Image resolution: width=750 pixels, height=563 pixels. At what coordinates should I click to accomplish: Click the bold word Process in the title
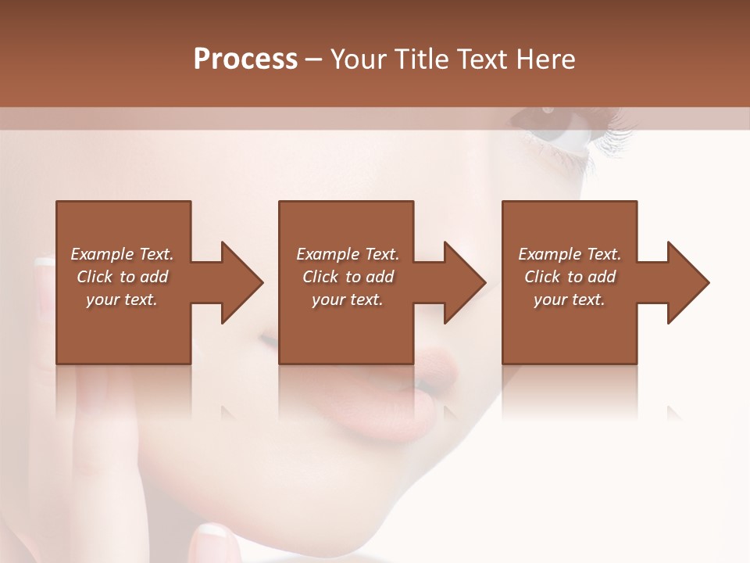[x=245, y=59]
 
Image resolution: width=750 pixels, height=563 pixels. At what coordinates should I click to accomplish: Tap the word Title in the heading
[x=418, y=59]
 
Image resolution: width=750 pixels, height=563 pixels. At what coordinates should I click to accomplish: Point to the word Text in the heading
[x=482, y=59]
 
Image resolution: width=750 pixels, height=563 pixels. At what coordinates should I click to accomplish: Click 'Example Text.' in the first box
[x=122, y=254]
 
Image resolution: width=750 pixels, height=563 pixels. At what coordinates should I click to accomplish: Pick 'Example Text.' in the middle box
[x=347, y=254]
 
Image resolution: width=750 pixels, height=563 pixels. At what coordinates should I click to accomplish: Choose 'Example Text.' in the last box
[x=570, y=254]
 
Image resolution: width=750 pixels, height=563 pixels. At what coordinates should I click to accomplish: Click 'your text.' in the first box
[x=122, y=299]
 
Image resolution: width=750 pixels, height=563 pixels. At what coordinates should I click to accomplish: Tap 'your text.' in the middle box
[x=347, y=299]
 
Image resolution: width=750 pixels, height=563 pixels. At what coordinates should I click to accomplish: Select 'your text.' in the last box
[x=570, y=299]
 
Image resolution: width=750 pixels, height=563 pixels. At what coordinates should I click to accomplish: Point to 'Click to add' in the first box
[x=122, y=277]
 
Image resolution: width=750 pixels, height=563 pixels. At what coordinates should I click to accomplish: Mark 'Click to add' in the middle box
[x=347, y=277]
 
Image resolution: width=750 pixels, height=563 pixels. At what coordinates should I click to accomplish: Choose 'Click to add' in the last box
[x=570, y=277]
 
